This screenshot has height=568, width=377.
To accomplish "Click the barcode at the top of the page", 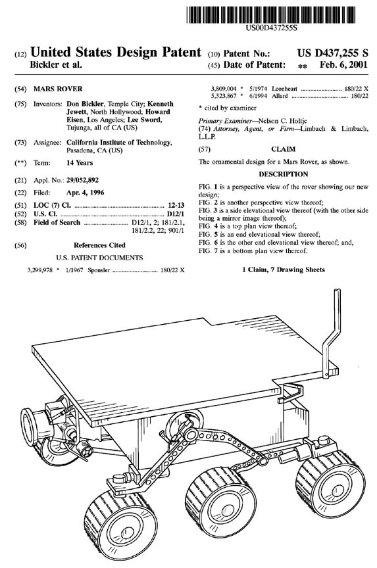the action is tap(271, 15).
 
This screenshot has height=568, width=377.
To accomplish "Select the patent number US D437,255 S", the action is tap(333, 53).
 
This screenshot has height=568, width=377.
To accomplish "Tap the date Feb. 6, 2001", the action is tap(343, 65).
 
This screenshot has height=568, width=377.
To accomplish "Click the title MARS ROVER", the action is tap(58, 89).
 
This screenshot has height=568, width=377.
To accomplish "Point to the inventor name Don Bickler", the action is tap(85, 104).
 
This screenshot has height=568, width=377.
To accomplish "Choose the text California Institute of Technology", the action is tap(119, 143).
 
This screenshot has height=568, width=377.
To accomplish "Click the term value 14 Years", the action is tap(80, 163).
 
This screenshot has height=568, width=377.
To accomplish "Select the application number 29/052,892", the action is tap(83, 180).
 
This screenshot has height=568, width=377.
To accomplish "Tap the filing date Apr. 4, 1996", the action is tap(85, 193).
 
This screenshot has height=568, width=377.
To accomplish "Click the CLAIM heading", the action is tap(283, 149).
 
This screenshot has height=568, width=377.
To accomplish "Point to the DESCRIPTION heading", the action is tap(284, 174).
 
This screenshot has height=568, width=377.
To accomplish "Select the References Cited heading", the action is tap(99, 245).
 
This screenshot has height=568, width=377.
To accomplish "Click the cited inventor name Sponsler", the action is tap(99, 270).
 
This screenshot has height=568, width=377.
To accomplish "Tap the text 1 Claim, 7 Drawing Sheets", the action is tap(284, 270).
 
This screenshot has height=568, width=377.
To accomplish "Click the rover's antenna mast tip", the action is tap(337, 289).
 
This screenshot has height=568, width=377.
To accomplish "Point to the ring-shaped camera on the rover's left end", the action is tap(28, 427).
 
